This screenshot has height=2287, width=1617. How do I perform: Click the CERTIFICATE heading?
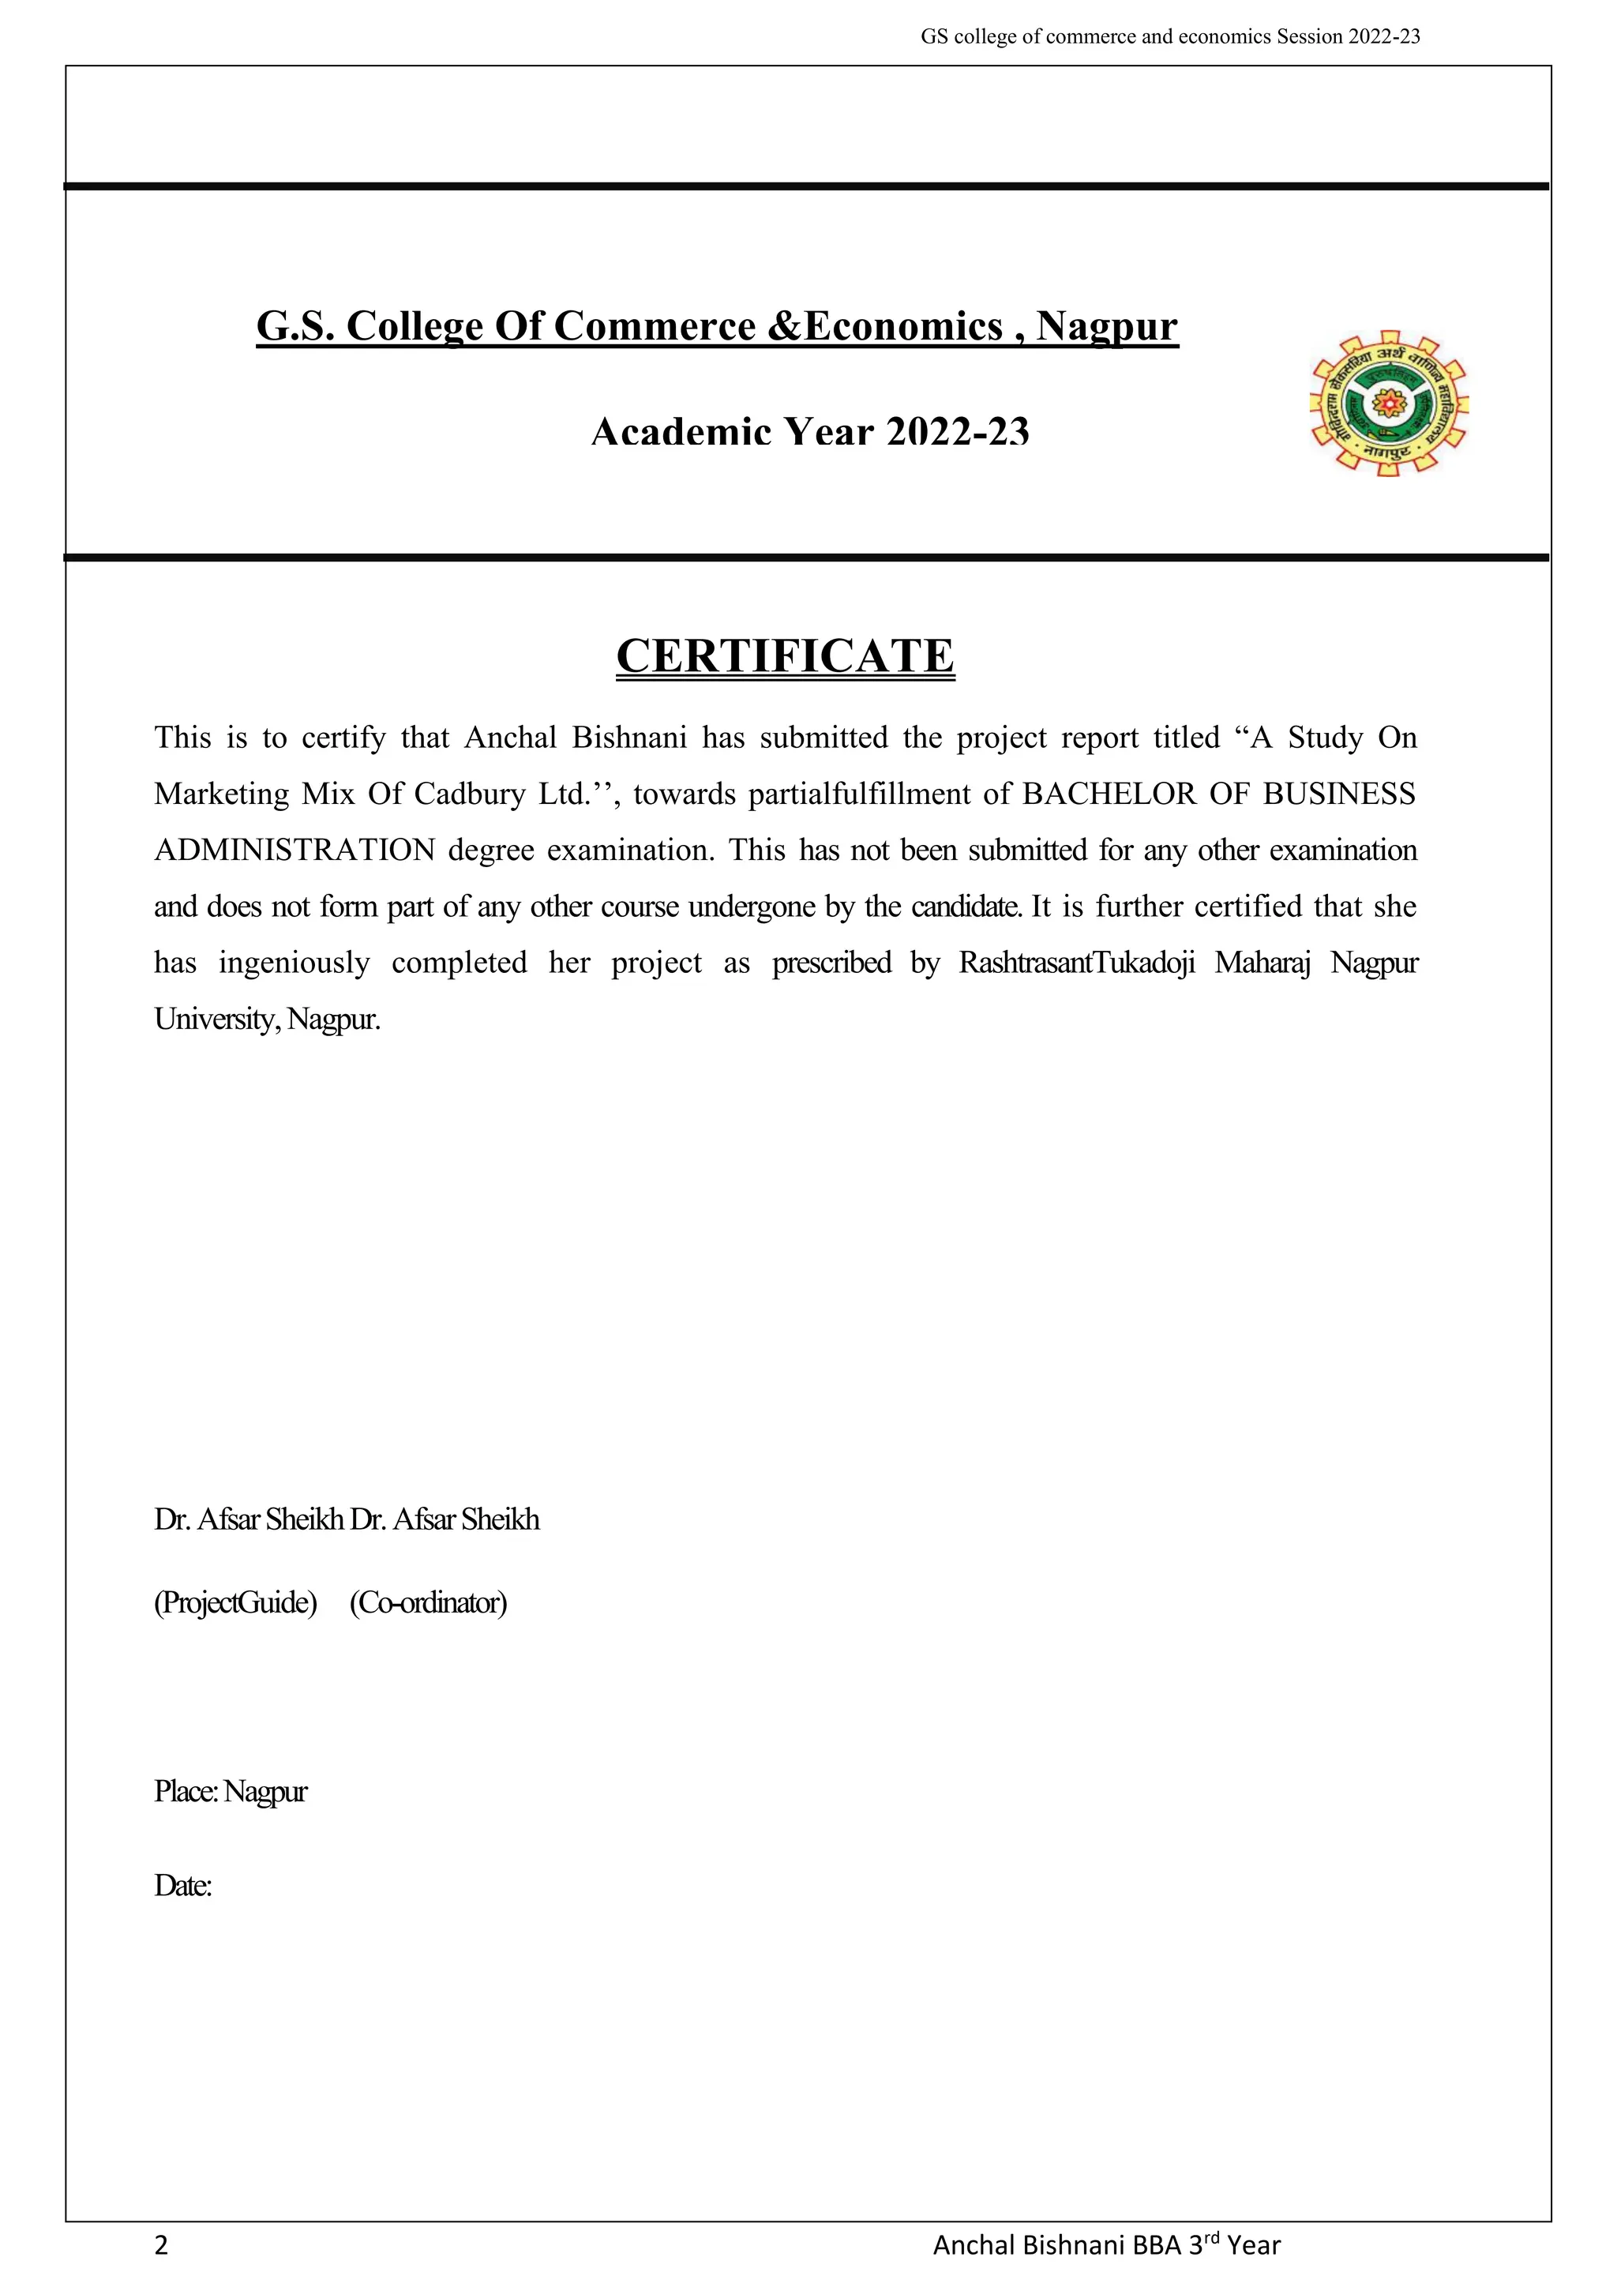coord(785,656)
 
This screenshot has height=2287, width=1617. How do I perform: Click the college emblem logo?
coord(1388,404)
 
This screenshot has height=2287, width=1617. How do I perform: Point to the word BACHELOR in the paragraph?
coord(1109,794)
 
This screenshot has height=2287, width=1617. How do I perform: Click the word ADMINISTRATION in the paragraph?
coord(295,851)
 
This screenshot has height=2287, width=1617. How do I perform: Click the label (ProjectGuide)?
coord(235,1602)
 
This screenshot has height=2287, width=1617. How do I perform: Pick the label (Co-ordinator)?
coord(428,1602)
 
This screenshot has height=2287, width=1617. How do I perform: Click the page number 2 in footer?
coord(161,2245)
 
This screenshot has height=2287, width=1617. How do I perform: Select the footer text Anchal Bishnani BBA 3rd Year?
coord(1106,2245)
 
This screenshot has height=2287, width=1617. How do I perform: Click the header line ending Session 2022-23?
coord(1170,37)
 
